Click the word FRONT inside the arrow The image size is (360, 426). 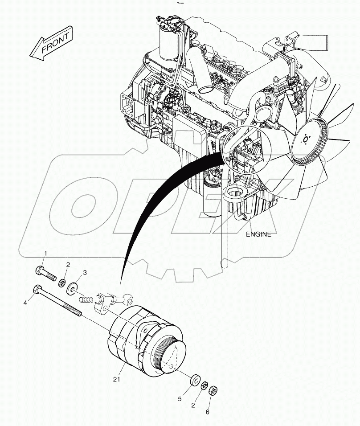click(55, 43)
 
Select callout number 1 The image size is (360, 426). click(45, 254)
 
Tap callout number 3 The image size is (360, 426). click(85, 273)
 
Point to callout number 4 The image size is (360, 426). click(26, 303)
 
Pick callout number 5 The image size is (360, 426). click(180, 399)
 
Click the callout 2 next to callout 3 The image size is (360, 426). click(68, 265)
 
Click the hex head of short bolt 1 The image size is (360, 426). click(38, 270)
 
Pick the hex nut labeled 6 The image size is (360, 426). click(213, 390)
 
